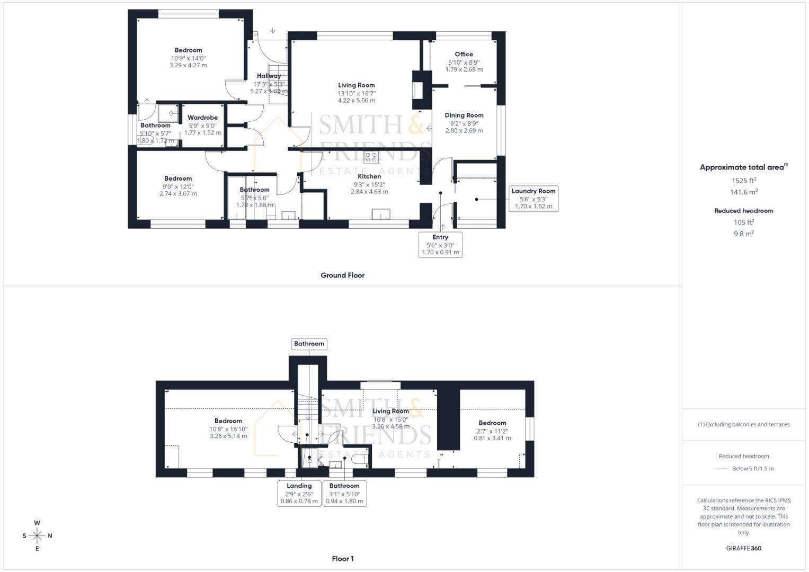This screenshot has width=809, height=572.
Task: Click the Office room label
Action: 464,54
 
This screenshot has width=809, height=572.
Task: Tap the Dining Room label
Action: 464,115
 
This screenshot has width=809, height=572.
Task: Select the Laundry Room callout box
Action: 533,199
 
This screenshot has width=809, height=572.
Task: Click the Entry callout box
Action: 440,245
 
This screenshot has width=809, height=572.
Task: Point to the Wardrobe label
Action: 202,118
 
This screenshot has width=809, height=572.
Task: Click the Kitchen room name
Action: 369,176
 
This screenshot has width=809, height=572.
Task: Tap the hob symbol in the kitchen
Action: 371,157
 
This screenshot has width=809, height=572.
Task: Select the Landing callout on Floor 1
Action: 299,493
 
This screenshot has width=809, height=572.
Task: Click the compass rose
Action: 37,535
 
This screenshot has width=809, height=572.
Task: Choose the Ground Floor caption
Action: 342,275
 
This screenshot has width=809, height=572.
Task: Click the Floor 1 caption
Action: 342,559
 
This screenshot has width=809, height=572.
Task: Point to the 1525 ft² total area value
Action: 743,181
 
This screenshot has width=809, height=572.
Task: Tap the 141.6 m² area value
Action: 743,192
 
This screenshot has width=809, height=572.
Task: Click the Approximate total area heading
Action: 743,167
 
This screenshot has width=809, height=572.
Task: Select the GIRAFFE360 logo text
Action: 743,548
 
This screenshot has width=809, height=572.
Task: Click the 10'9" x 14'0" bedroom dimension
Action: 188,58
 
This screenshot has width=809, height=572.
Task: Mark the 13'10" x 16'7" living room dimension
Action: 357,93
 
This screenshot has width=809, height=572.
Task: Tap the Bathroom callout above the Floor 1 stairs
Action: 309,344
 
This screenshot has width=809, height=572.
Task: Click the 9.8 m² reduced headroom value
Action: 743,234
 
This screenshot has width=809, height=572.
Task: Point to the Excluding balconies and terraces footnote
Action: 743,424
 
